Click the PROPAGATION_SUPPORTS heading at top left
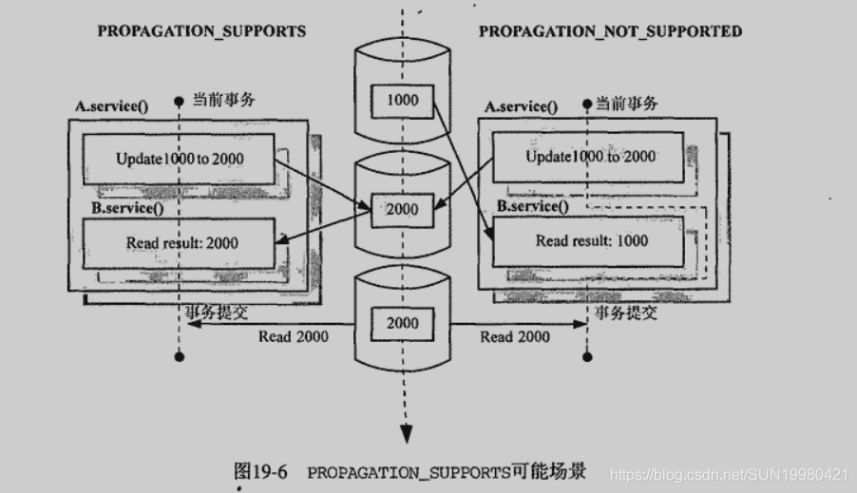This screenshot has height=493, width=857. [x=201, y=30]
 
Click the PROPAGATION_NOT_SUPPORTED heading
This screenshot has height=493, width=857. [x=610, y=30]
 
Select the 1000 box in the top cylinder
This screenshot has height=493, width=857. [x=402, y=101]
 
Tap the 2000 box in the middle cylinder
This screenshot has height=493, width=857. [x=402, y=209]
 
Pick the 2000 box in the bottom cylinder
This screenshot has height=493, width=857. [x=402, y=323]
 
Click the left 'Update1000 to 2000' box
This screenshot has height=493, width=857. [x=180, y=159]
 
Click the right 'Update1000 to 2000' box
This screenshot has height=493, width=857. [x=589, y=157]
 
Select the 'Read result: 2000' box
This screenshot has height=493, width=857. [x=181, y=243]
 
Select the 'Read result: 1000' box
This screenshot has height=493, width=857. [x=591, y=241]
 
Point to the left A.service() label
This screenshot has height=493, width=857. [x=112, y=105]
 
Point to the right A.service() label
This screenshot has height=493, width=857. [x=522, y=105]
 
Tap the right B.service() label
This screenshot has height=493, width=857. [x=533, y=205]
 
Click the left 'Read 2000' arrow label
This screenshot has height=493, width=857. [x=294, y=336]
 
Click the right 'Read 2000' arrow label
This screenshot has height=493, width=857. [x=514, y=336]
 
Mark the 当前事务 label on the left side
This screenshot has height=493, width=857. [x=224, y=99]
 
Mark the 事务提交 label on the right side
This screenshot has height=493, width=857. [x=625, y=313]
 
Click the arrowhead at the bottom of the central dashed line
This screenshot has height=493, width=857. [x=406, y=433]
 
